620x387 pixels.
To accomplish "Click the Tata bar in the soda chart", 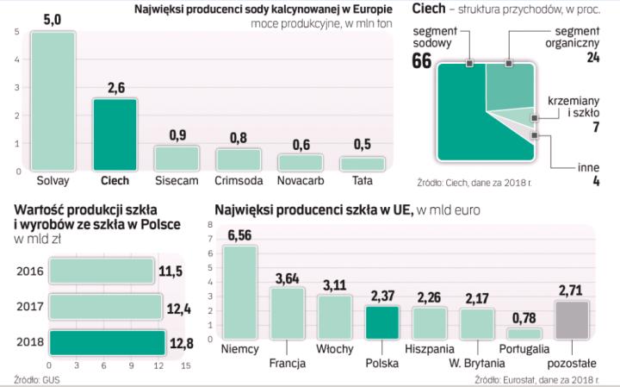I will click(x=362, y=163).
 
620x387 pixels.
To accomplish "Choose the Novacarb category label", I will click(x=300, y=181).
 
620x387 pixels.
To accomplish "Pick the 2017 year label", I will click(x=29, y=306).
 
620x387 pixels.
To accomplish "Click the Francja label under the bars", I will click(x=288, y=363).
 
